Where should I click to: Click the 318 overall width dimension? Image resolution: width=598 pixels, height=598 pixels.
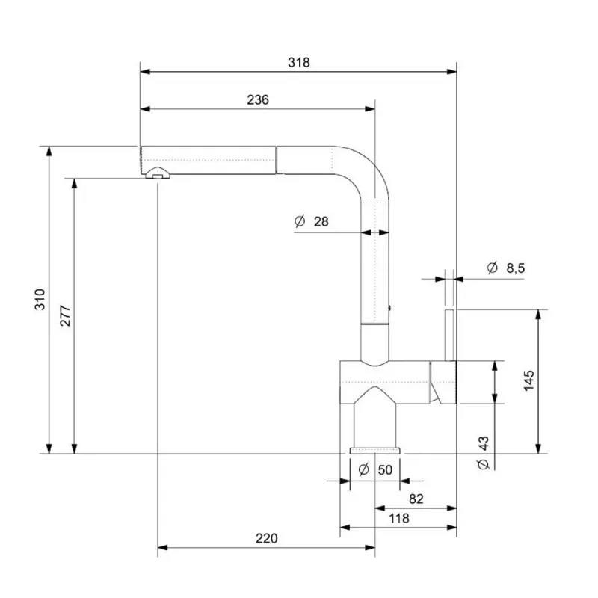(x=298, y=62)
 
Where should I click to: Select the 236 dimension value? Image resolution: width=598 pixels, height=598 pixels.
(x=258, y=99)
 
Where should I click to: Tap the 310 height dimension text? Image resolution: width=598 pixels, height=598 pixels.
(x=40, y=300)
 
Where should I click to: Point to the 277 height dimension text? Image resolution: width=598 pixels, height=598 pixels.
(x=65, y=315)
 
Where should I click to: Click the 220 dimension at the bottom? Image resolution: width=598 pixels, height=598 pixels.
(x=267, y=538)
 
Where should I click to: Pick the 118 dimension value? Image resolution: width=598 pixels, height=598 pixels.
(x=398, y=518)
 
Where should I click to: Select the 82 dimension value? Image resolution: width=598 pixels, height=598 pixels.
(x=416, y=499)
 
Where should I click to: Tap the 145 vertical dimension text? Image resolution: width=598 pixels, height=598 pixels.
(x=529, y=380)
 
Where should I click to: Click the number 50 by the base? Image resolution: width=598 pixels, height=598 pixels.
(x=385, y=470)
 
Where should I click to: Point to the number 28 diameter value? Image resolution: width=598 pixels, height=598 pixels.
(x=321, y=221)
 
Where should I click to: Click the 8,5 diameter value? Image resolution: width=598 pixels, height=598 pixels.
(x=516, y=268)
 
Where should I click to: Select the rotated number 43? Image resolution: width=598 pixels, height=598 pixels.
(x=483, y=443)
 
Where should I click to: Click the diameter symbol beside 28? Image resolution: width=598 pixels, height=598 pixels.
(x=300, y=221)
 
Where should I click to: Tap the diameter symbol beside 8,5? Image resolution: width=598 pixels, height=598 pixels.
(x=493, y=268)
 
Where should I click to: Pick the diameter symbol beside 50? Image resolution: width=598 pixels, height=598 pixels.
(x=364, y=469)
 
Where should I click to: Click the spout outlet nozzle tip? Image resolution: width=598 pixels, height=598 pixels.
(x=157, y=174)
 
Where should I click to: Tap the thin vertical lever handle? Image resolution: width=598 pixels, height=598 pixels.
(x=450, y=335)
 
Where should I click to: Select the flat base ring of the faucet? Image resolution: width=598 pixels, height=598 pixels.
(x=375, y=451)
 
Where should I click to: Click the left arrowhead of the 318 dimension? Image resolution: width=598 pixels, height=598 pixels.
(x=145, y=71)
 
